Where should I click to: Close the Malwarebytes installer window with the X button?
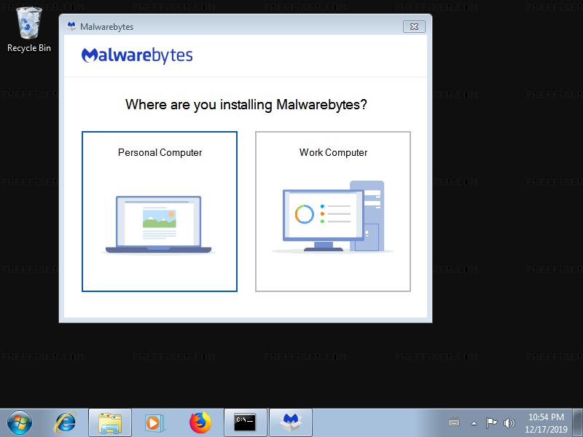tap(414, 27)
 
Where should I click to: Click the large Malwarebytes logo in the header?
tap(137, 56)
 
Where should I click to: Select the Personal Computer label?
tap(160, 152)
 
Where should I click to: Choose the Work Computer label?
tap(333, 152)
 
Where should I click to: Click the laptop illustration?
tap(159, 224)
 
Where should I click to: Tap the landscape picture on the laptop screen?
tap(159, 219)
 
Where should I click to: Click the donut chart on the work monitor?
tap(304, 214)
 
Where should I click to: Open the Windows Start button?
tap(20, 423)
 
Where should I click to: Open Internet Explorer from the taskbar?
tap(66, 423)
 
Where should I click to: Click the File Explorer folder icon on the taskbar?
tap(110, 423)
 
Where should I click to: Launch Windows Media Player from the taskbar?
tap(153, 423)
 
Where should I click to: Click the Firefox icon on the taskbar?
tap(200, 423)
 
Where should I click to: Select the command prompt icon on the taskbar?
tap(245, 422)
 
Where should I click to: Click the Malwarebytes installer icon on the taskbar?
tap(291, 423)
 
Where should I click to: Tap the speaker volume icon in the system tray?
tap(509, 423)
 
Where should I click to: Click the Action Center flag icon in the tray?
tap(491, 423)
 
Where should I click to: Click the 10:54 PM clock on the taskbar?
tap(546, 417)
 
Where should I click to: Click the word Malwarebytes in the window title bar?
tap(106, 27)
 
